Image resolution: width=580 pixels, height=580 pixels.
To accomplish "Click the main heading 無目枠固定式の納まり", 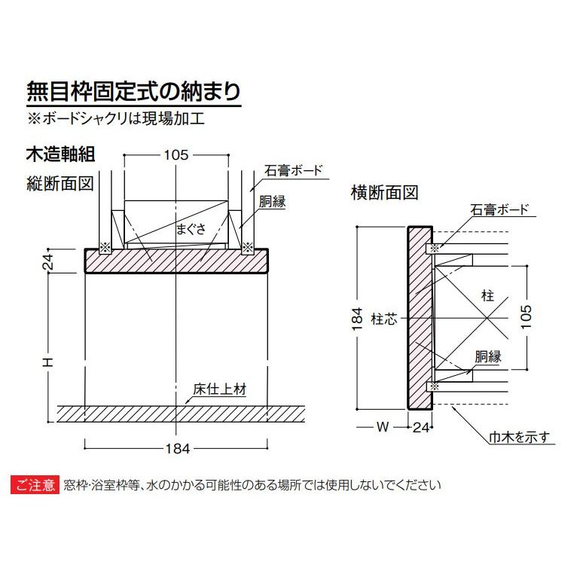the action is (x=133, y=92).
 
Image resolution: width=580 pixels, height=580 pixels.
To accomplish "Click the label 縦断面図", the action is (x=59, y=184).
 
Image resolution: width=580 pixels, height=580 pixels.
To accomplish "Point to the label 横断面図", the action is (x=383, y=193).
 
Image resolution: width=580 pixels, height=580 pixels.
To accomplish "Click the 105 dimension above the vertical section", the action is (x=176, y=155).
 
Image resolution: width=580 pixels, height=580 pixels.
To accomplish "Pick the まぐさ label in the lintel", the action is (x=191, y=230).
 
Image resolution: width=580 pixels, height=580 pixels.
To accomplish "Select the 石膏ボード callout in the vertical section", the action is (x=293, y=170).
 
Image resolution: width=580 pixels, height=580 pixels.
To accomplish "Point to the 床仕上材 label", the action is (x=219, y=391).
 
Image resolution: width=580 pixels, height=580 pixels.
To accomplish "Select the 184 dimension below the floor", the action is (x=175, y=448).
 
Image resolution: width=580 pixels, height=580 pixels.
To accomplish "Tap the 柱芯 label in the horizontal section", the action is (x=383, y=320).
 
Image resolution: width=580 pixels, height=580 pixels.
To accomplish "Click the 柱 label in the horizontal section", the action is (x=487, y=296).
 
